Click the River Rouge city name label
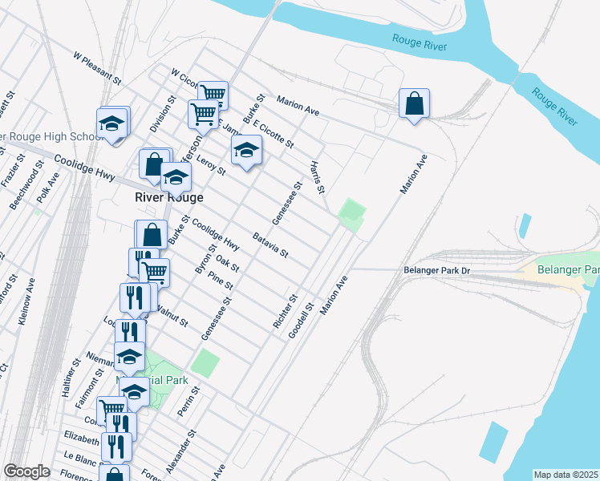pyautogui.click(x=168, y=197)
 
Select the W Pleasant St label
pyautogui.click(x=96, y=69)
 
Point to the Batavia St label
pyautogui.click(x=270, y=245)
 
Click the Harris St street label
pyautogui.click(x=317, y=178)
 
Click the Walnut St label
pyautogui.click(x=172, y=315)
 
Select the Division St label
pyautogui.click(x=163, y=115)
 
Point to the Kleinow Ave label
pyautogui.click(x=26, y=301)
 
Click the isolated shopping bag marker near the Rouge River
pyautogui.click(x=414, y=104)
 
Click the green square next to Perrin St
pyautogui.click(x=206, y=362)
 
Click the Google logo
pyautogui.click(x=26, y=471)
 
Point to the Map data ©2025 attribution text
pyautogui.click(x=566, y=475)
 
